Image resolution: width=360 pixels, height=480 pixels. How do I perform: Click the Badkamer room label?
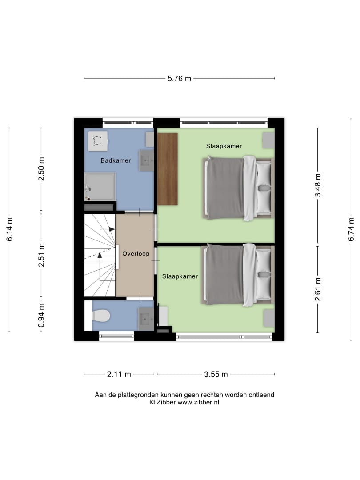tap(116, 160)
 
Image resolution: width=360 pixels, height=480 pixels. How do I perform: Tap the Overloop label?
tap(136, 253)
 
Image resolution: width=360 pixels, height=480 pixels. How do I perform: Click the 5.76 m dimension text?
tap(179, 79)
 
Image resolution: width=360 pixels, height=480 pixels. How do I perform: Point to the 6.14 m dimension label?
tap(9, 229)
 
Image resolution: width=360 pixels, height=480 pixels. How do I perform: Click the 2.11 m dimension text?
tap(119, 374)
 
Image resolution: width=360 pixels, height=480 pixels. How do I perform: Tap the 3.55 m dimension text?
tap(216, 374)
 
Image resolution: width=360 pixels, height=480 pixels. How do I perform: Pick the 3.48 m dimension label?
tap(318, 185)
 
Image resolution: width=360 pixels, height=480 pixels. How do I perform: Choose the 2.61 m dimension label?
tap(318, 289)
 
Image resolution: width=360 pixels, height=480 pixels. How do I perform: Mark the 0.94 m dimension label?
tap(41, 315)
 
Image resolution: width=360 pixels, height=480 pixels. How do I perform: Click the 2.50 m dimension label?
tap(41, 169)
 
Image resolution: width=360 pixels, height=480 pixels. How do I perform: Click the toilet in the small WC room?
tap(101, 316)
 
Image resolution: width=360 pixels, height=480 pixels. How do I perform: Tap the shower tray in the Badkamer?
tap(100, 187)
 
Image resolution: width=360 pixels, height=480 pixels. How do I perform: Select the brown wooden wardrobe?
tap(168, 169)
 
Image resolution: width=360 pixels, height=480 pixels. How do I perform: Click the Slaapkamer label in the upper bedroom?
tap(224, 146)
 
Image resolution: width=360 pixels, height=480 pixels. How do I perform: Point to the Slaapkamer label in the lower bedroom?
tap(180, 276)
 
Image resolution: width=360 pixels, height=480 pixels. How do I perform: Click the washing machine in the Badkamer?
tap(98, 141)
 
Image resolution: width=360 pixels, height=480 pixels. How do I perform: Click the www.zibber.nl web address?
tap(198, 403)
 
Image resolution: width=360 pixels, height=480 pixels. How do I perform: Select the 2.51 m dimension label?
tap(41, 255)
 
